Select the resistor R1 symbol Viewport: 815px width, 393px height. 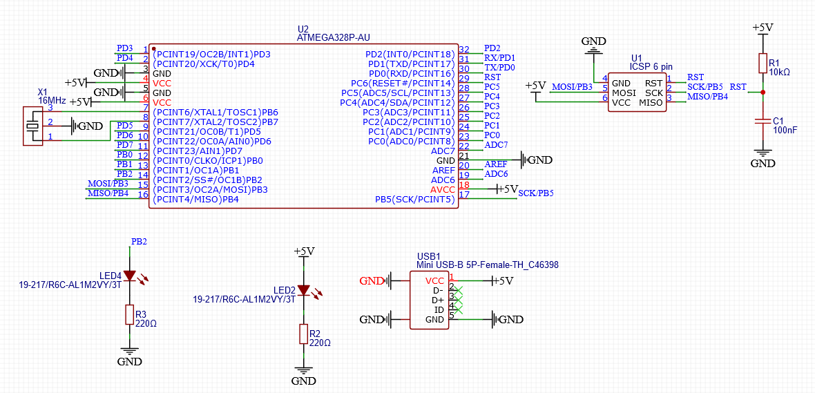tap(763, 64)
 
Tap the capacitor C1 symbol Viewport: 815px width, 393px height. tap(763, 121)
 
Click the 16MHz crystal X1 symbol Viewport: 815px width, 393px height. tap(32, 126)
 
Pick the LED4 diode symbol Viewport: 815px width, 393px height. tap(129, 276)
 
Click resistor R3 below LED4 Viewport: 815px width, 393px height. tap(129, 315)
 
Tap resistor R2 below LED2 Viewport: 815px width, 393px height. tap(303, 334)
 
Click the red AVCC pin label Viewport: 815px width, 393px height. tap(443, 189)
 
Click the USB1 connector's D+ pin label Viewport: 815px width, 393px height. tap(437, 300)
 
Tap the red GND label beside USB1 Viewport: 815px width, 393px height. tap(372, 281)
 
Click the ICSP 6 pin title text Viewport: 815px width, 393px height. tap(651, 66)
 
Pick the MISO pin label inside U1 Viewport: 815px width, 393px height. tap(650, 102)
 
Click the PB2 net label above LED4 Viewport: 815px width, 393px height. tap(139, 242)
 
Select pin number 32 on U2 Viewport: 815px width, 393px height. tap(464, 50)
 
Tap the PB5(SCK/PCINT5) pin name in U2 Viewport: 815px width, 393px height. tap(414, 200)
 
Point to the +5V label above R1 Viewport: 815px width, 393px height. tap(762, 28)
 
